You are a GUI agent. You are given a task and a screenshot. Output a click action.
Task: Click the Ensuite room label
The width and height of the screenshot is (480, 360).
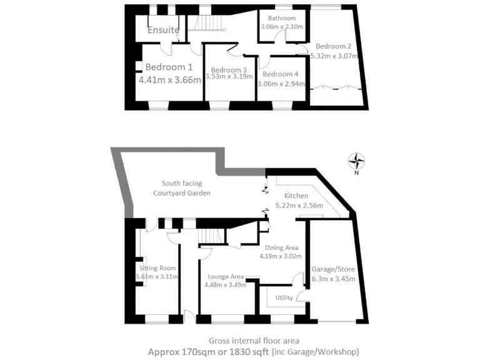(x=164, y=30)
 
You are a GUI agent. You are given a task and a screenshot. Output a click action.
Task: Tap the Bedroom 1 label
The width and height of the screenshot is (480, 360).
(x=169, y=67)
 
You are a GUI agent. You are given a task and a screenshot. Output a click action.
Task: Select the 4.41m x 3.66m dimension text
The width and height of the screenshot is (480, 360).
(x=170, y=80)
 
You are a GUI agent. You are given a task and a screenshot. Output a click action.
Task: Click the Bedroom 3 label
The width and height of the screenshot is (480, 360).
(x=229, y=69)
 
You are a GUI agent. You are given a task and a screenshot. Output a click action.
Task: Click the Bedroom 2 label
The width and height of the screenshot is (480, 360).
(x=333, y=46)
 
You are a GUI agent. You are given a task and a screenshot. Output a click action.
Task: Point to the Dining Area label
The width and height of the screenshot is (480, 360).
(x=281, y=247)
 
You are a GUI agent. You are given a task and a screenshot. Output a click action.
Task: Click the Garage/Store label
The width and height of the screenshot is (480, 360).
(x=333, y=269)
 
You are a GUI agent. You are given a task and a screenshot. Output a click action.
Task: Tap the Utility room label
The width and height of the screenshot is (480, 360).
(x=284, y=297)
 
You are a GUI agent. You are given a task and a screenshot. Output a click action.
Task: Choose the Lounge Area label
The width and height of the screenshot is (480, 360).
(x=226, y=276)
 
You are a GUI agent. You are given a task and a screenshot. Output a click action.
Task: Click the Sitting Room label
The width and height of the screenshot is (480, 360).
(x=158, y=267)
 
